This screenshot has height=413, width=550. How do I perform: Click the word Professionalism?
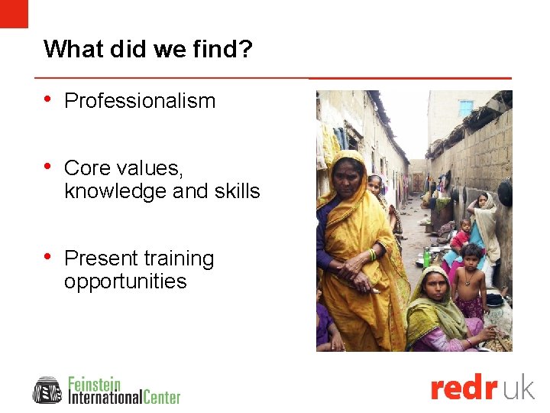coord(140,101)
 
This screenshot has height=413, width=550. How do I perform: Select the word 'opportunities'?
coord(125,281)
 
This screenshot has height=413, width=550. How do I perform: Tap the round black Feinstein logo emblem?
coord(47,390)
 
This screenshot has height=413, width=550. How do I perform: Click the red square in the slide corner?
coord(14,13)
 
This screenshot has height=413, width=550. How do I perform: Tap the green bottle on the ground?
coord(426,259)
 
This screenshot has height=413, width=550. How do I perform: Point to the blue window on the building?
coord(466,108)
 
